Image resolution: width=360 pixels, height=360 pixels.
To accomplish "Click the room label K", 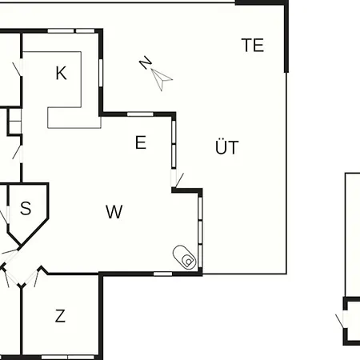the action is pos(61,73).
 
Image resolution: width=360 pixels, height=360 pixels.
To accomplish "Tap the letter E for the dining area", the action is pos(141,142).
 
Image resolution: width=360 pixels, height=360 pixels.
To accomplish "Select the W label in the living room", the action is pos(114,212).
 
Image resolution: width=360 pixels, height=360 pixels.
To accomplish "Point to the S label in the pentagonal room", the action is pos(26,208).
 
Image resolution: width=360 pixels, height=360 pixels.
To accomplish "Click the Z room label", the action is pos(60,316).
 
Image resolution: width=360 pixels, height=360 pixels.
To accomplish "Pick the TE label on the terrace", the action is pos(253,45).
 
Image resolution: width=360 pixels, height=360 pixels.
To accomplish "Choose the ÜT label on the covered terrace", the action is pos(226,146).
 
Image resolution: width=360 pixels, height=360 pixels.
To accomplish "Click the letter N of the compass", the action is pos(146,63).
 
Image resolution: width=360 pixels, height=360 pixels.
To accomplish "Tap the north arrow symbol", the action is pos(162,79).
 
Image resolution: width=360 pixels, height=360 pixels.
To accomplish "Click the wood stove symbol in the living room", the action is pos(185,258).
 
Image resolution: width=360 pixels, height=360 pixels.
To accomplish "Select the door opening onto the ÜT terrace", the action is pos(177,179).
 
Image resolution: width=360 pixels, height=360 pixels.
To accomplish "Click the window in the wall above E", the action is pos(140,114).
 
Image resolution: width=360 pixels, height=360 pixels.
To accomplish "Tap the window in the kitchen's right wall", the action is pos(101,73).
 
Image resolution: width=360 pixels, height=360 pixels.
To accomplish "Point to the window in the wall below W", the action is pos(162,274).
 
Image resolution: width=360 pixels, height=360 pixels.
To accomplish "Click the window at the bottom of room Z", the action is pos(68,357).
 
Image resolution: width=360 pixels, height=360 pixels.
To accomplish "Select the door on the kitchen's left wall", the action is pos(19,68).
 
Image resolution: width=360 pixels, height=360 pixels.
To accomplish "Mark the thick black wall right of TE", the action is pos(286,37).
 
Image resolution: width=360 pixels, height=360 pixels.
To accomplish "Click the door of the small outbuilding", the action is pos(342,319).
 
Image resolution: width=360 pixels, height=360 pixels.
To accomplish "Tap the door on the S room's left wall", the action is pos(6,215).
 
